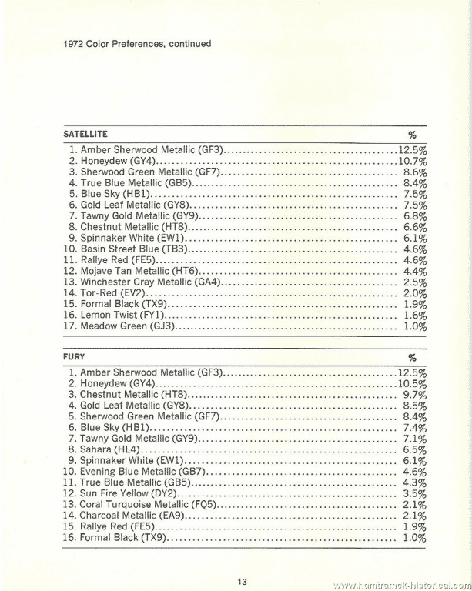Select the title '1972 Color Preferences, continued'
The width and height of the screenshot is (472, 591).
136,44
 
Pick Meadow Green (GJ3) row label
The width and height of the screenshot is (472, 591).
129,326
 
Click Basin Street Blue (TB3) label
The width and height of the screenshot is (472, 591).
134,249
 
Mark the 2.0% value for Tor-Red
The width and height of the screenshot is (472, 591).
415,293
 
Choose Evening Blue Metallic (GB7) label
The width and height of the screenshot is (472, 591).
143,471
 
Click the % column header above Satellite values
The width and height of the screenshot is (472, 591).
412,135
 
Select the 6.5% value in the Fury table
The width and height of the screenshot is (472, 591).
415,449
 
